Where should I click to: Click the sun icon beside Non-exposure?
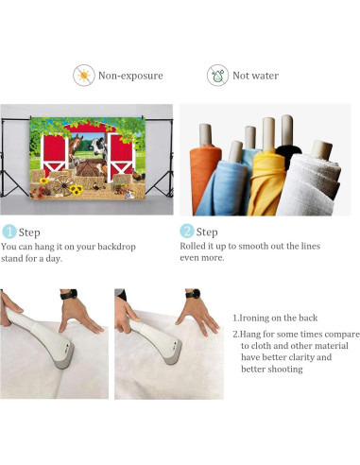point(84,75)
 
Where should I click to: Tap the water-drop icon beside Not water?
point(217,75)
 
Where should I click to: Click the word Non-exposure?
point(130,76)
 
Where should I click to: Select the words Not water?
point(255,76)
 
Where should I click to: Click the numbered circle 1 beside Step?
point(9,232)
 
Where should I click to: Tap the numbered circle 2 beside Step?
point(187,231)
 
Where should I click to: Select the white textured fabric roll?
point(309,182)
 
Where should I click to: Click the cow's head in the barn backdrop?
point(98,146)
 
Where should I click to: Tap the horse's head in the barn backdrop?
point(76,145)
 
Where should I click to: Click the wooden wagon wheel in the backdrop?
point(62,185)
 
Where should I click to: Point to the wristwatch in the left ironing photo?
point(69,295)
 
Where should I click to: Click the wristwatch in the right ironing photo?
point(193,294)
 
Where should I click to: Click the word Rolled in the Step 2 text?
point(192,246)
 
